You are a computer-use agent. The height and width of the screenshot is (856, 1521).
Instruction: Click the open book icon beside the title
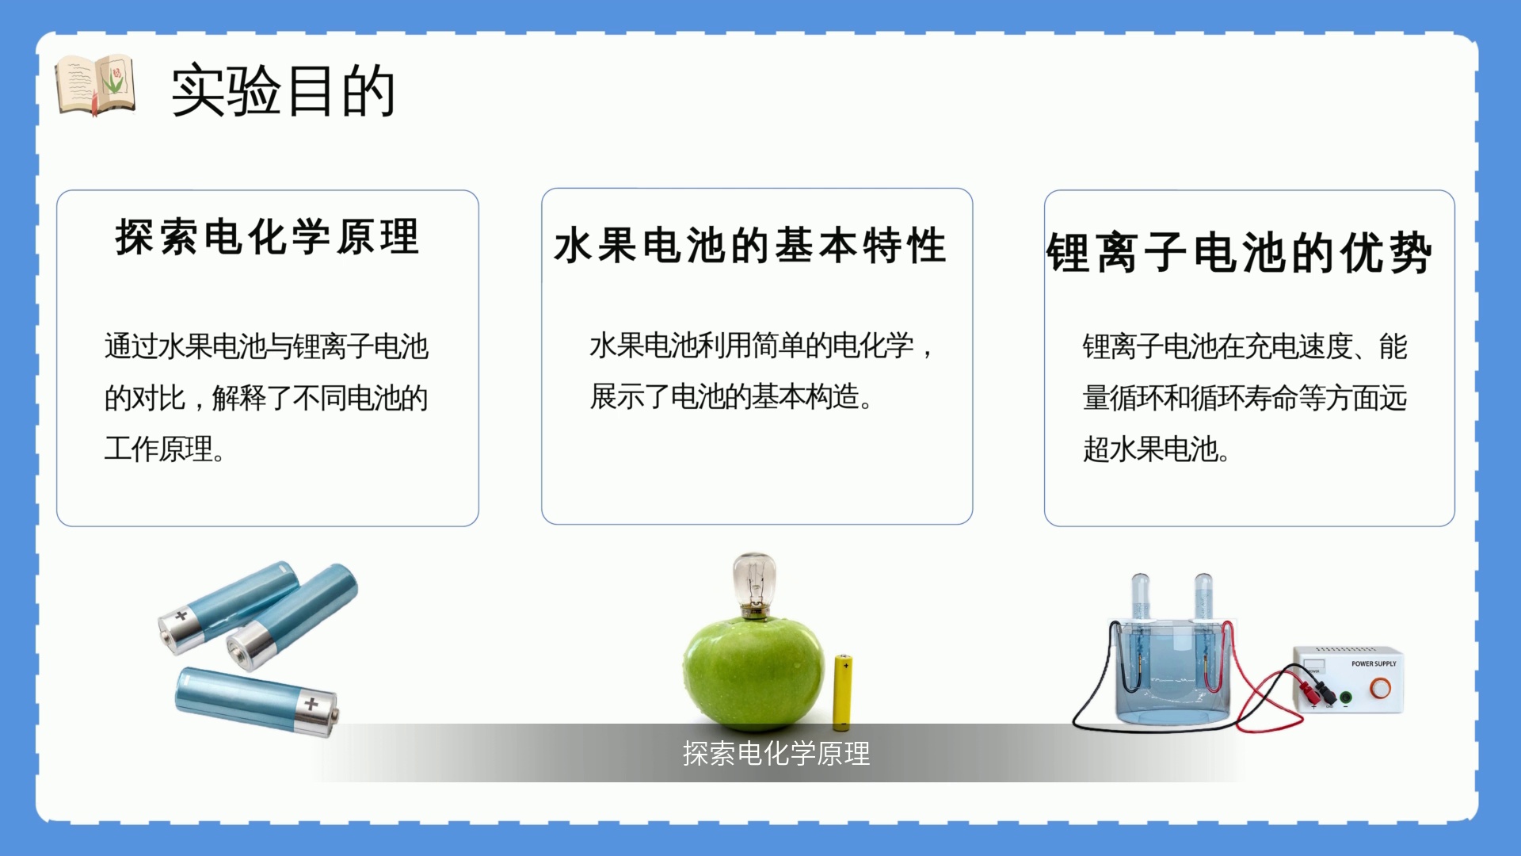click(95, 86)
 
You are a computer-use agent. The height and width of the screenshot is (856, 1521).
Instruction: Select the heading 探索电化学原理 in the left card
click(267, 236)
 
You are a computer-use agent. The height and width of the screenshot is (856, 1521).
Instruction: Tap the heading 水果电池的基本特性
click(750, 245)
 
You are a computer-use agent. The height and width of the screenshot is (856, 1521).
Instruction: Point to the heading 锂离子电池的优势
click(1239, 253)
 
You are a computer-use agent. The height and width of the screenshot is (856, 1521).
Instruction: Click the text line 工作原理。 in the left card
click(165, 449)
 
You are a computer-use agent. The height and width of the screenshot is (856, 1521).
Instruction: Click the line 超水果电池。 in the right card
click(1156, 449)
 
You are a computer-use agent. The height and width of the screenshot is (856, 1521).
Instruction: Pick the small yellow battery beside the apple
click(842, 692)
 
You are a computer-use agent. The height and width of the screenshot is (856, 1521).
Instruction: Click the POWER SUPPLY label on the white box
click(1374, 663)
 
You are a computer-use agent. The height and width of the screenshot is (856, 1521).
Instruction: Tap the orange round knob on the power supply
click(1380, 688)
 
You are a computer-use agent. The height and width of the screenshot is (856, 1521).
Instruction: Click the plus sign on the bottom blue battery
click(311, 703)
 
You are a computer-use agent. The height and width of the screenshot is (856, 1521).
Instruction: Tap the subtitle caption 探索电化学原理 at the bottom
click(776, 753)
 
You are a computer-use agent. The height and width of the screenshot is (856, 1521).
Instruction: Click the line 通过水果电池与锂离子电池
click(266, 346)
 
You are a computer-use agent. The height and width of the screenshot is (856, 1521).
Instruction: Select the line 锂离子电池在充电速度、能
click(1245, 346)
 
